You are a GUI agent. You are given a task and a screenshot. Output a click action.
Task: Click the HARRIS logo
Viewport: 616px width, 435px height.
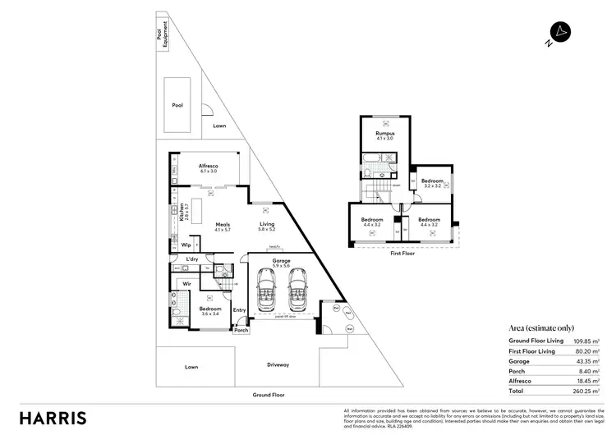53,417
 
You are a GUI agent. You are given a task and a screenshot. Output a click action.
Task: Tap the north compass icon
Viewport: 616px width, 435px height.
560,34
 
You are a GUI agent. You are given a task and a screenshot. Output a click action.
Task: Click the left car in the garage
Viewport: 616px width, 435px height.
267,293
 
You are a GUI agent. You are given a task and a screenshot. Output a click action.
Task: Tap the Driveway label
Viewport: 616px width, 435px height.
277,364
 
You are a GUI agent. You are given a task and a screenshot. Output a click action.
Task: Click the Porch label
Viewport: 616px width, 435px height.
241,332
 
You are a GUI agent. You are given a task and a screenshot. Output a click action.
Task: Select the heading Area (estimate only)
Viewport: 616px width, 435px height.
542,327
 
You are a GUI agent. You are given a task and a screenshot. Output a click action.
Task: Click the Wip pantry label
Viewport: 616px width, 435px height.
186,245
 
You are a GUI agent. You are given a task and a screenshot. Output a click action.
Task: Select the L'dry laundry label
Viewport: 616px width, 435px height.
192,259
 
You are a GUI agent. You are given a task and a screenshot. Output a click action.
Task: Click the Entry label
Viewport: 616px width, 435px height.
239,309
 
